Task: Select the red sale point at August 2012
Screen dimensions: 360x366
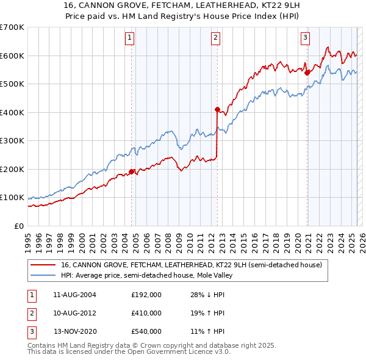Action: (217, 110)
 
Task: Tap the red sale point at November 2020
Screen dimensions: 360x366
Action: (307, 73)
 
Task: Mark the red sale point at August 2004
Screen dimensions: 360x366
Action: (131, 171)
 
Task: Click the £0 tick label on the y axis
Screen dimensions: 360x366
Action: (18, 226)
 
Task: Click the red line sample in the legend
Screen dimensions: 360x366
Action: (44, 265)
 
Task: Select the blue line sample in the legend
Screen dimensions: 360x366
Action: (44, 275)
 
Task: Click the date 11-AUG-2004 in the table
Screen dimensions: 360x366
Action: (74, 295)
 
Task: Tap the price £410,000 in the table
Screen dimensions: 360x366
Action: (146, 313)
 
